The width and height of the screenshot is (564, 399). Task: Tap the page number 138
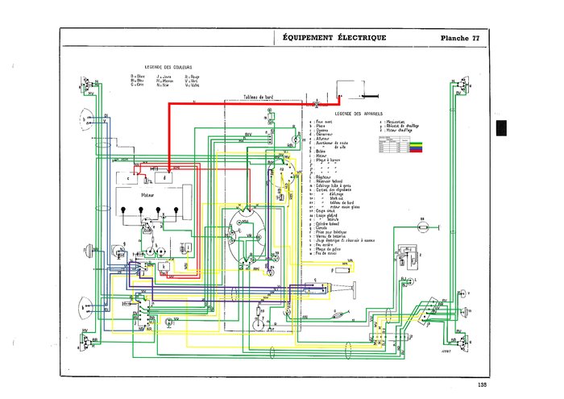pos(482,384)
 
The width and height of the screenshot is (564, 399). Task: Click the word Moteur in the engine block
pos(147,194)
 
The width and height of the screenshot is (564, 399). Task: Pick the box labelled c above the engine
pos(127,177)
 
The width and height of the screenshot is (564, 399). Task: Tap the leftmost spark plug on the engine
pos(122,213)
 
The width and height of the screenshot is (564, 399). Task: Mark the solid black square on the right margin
pos(501,129)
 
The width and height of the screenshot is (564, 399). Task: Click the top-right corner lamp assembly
pos(458,89)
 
